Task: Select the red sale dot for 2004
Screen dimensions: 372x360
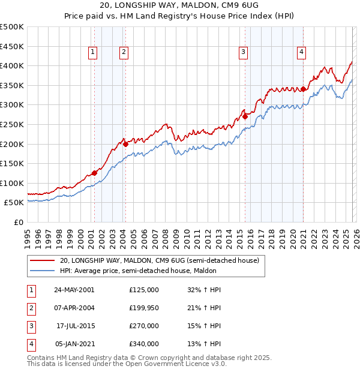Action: pos(125,144)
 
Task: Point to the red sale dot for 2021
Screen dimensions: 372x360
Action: pos(304,89)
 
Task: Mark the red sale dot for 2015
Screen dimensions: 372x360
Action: pos(245,117)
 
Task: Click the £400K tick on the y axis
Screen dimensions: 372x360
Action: pos(12,66)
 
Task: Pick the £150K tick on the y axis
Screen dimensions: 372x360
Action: pos(12,163)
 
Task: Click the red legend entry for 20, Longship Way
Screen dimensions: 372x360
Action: pos(159,261)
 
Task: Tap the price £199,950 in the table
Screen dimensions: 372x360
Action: pos(144,308)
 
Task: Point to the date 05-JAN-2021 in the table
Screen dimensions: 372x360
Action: pos(74,344)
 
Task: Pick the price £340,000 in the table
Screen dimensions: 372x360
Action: pos(144,344)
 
